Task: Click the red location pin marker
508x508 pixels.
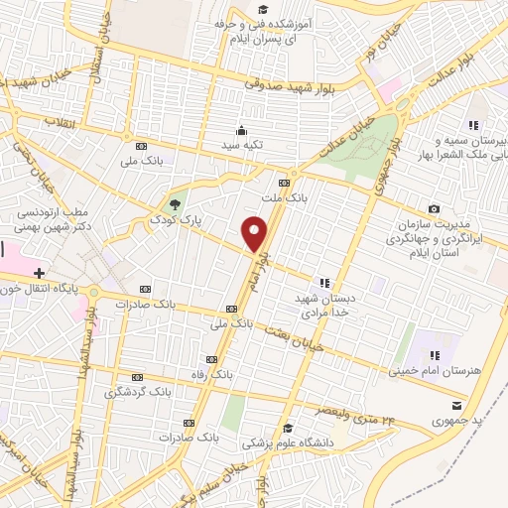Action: coord(255,234)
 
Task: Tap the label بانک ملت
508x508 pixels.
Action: coord(284,197)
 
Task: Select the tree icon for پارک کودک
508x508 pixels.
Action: coord(175,204)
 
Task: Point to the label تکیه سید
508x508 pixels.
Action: coord(241,146)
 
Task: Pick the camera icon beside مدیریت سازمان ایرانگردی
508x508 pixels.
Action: coord(434,208)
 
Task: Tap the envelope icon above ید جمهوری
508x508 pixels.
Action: coord(456,405)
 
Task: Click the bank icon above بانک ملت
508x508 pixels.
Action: coord(284,183)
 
